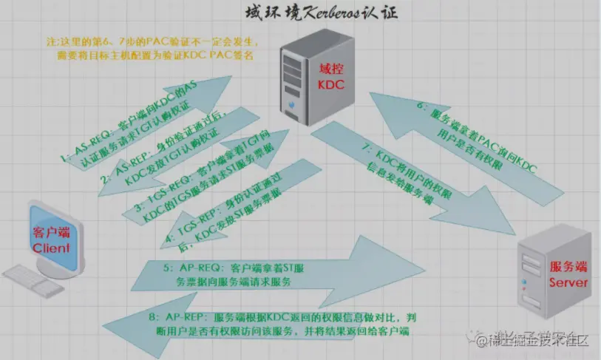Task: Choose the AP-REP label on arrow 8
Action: click(x=180, y=317)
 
